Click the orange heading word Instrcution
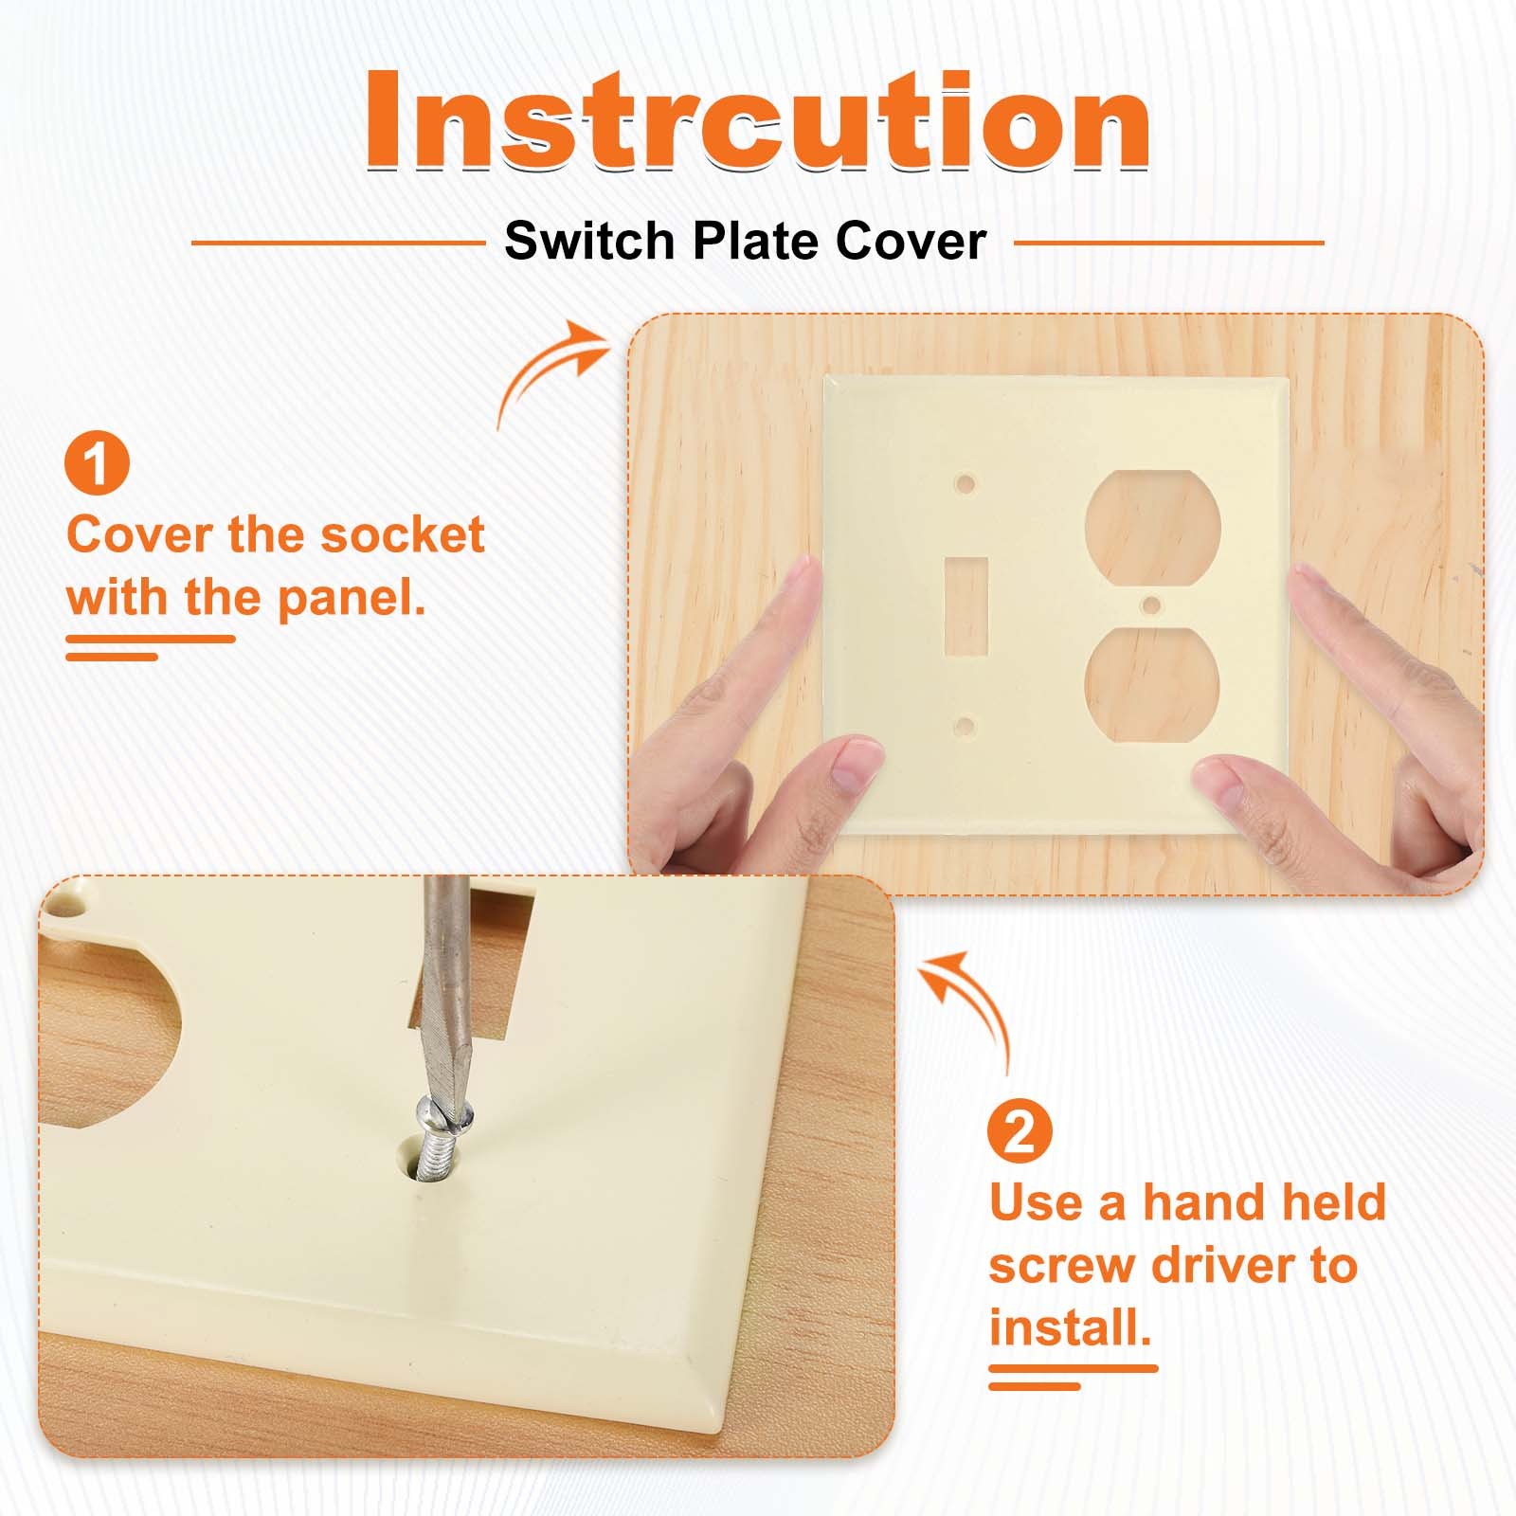pos(758,121)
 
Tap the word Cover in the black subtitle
pos(911,241)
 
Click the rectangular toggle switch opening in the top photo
pos(967,606)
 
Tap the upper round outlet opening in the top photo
pos(1150,526)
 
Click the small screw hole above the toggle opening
pos(966,484)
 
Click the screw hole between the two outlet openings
pos(1151,604)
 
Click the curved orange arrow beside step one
pos(549,370)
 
